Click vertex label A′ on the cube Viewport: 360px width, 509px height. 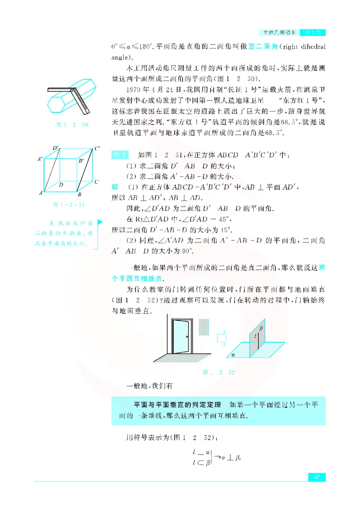point(40,159)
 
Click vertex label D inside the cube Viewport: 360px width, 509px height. point(61,184)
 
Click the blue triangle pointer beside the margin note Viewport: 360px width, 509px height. point(99,222)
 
